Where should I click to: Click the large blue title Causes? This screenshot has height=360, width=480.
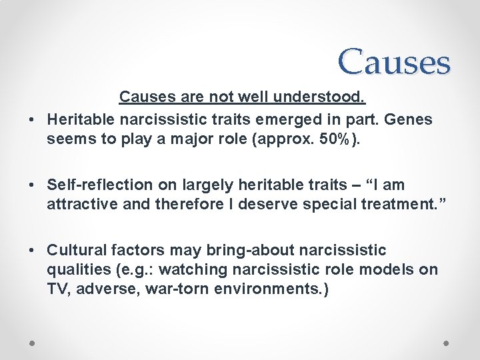coord(394,61)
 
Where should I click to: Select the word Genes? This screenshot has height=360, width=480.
coord(408,119)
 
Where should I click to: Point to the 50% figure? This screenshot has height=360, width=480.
coord(340,141)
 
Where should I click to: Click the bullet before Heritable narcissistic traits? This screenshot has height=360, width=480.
coord(31,120)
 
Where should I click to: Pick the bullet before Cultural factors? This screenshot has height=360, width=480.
coord(31,250)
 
